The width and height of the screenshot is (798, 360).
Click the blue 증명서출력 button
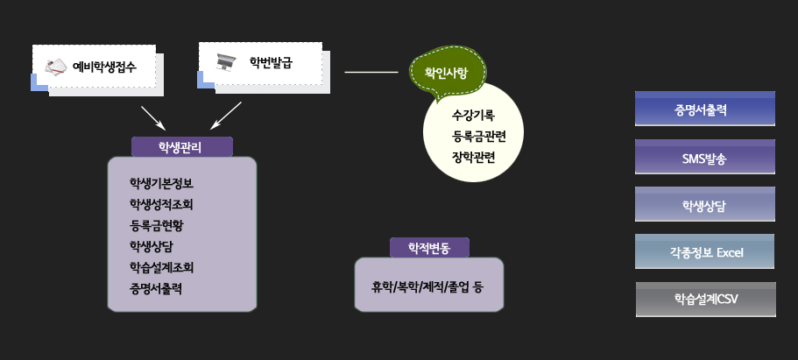705,109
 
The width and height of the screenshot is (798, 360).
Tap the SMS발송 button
705,157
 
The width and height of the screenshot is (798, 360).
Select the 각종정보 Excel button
705,251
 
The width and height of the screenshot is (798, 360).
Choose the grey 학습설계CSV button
706,300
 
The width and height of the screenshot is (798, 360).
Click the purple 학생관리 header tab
182,147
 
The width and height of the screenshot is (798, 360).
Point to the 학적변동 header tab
429,248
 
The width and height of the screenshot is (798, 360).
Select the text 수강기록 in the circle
473,116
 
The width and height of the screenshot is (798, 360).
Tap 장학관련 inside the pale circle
473,158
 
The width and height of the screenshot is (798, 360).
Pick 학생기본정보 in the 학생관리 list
161,183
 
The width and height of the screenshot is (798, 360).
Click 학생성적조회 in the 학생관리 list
161,205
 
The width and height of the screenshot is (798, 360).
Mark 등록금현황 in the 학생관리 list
156,226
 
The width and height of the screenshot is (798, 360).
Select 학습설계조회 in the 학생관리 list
161,267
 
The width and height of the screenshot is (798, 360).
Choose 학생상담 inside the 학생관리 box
152,246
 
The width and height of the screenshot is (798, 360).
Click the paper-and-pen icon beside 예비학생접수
56,67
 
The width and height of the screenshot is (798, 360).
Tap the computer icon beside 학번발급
224,62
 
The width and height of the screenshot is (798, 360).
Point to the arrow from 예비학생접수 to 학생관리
153,117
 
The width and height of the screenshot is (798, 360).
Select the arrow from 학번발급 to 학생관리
226,115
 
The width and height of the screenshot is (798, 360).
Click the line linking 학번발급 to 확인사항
371,73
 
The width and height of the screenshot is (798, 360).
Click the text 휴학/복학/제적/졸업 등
427,287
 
